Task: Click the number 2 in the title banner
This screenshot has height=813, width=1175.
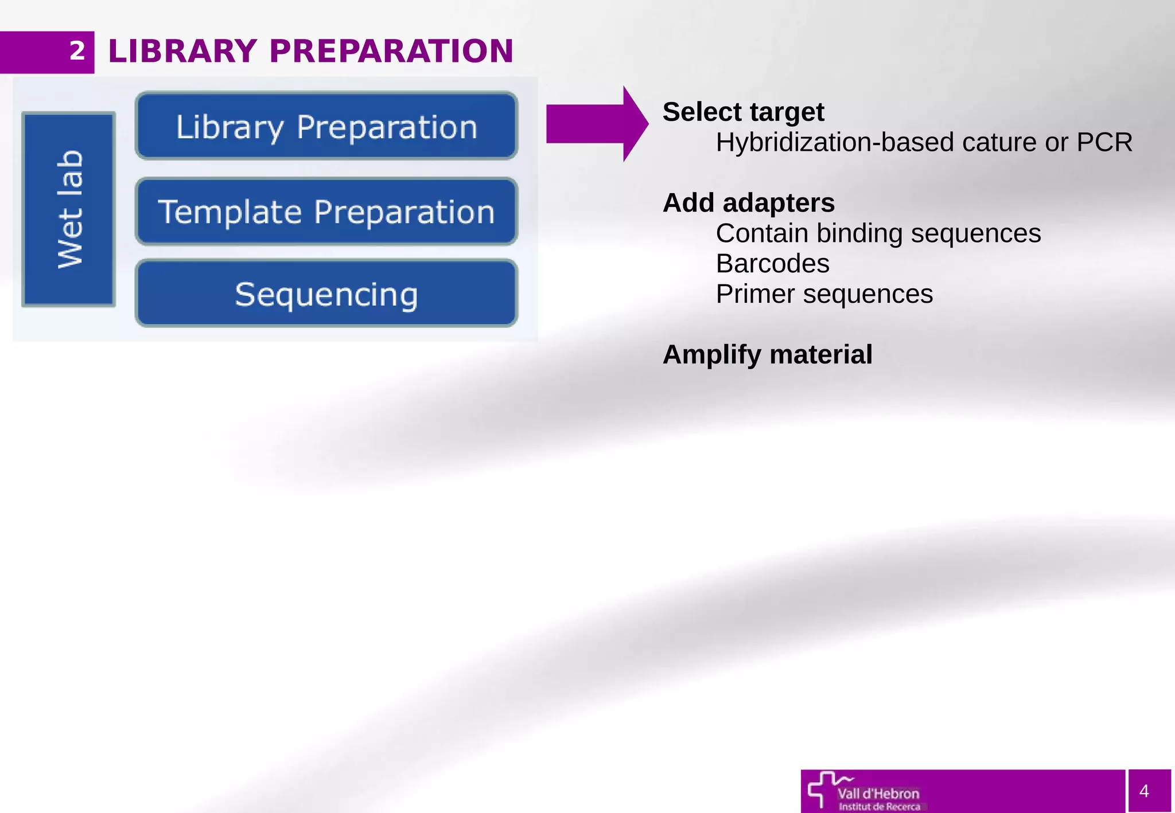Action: pos(77,51)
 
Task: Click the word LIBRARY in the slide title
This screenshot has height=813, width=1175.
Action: pos(182,51)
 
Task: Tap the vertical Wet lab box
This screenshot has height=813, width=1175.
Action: pos(69,209)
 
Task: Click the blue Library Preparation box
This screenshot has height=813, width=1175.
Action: pos(326,126)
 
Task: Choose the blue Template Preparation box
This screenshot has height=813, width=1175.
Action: pos(326,212)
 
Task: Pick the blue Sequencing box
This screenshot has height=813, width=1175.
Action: pos(326,294)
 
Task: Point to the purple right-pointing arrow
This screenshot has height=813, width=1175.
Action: pos(597,124)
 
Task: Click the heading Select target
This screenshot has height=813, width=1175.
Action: pos(743,112)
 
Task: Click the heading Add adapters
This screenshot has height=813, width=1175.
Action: pos(748,203)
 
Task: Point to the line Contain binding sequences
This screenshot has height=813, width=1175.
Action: pos(878,233)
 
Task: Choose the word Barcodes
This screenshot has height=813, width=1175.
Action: pos(772,264)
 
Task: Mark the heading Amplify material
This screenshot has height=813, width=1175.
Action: pos(767,354)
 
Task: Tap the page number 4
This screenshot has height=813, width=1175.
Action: pos(1144,791)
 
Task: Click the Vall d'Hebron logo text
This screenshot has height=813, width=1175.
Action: pos(878,794)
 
